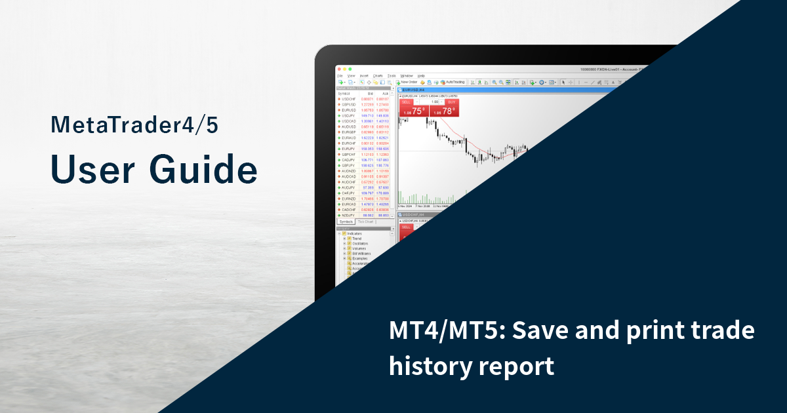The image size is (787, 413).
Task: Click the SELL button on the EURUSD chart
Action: pyautogui.click(x=406, y=102)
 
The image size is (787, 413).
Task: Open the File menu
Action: pyautogui.click(x=340, y=75)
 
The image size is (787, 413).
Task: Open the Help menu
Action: pyautogui.click(x=421, y=75)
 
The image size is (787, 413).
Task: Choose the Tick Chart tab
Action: pyautogui.click(x=365, y=222)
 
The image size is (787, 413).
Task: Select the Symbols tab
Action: pyautogui.click(x=346, y=222)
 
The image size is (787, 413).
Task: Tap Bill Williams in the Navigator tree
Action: pyautogui.click(x=361, y=253)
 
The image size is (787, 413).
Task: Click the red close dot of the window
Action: pyautogui.click(x=339, y=69)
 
